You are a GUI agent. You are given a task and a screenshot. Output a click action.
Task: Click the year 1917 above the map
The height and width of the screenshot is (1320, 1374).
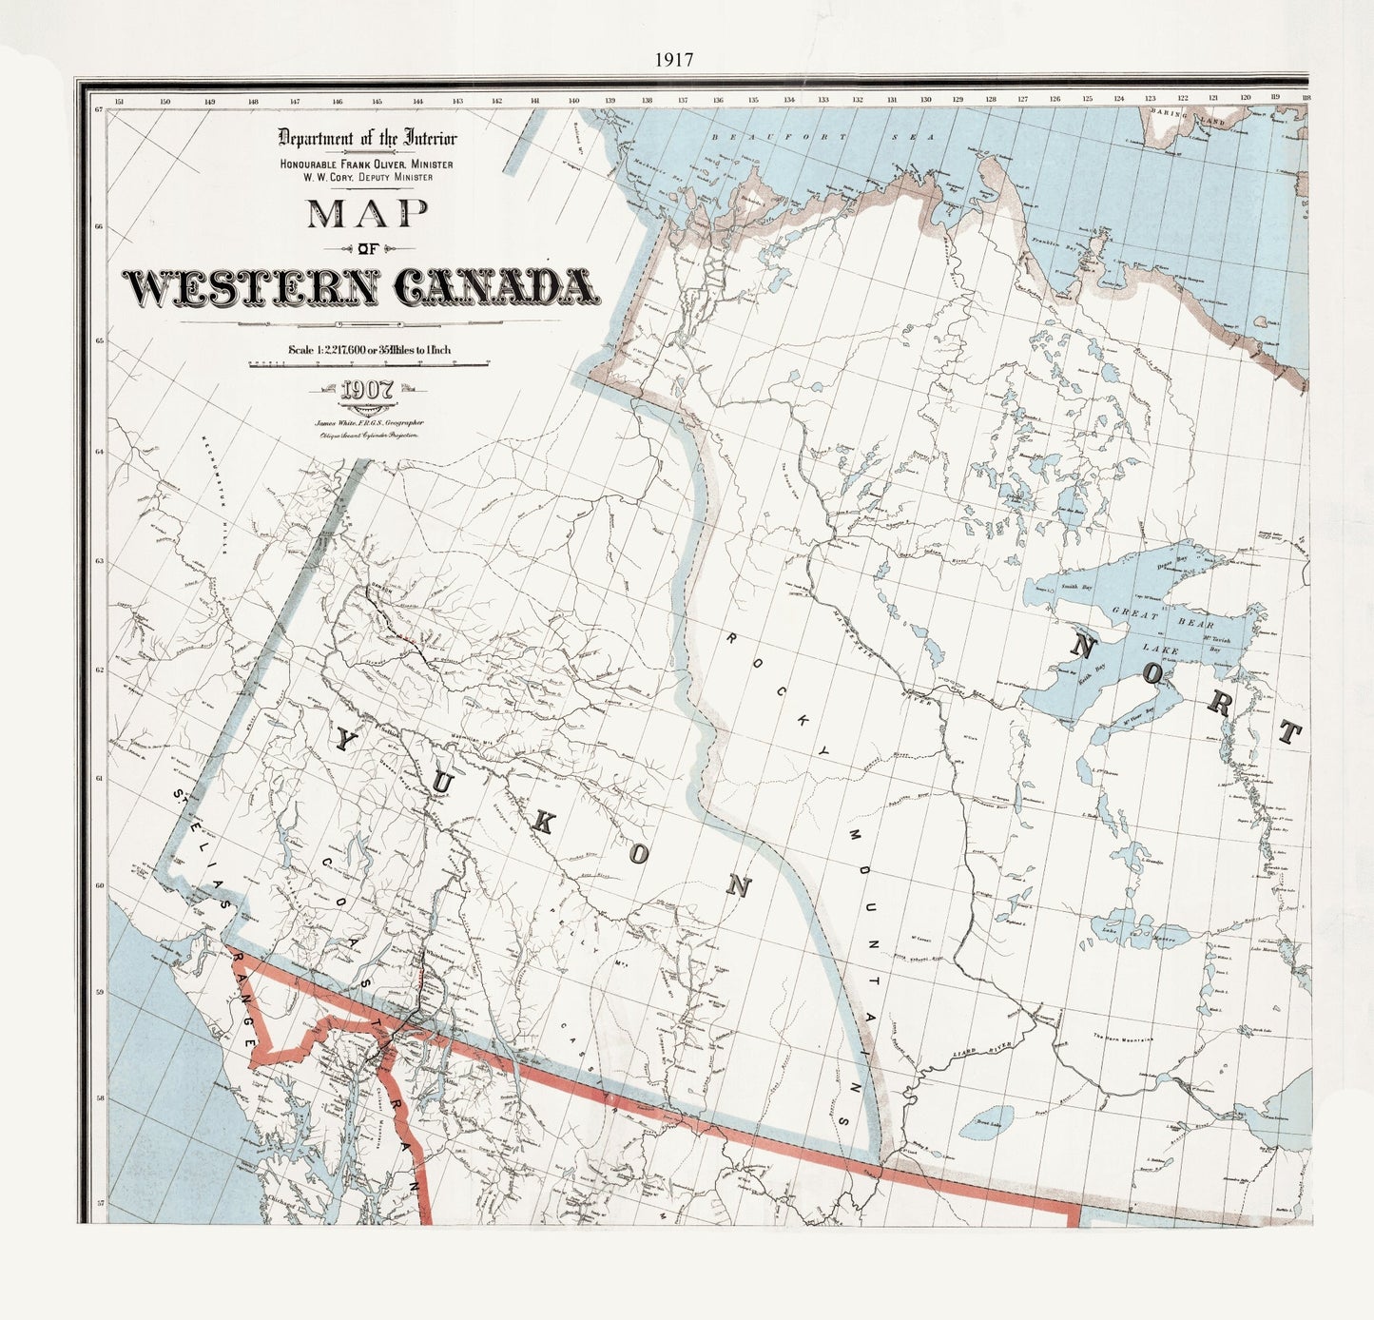(673, 59)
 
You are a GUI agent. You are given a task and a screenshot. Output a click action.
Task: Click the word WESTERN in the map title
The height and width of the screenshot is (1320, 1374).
(251, 287)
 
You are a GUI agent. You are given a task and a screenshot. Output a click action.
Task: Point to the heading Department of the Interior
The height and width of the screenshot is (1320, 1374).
(367, 138)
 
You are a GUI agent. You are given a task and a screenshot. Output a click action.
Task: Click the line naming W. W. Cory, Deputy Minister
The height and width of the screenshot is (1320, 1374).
(367, 177)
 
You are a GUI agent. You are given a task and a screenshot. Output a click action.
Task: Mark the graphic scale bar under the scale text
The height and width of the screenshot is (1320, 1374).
(368, 364)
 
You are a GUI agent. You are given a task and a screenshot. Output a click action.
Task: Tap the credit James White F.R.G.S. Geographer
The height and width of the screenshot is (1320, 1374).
(369, 421)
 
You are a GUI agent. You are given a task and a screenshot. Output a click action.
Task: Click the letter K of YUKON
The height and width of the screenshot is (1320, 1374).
(540, 825)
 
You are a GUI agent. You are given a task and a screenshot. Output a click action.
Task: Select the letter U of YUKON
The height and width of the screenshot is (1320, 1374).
(442, 782)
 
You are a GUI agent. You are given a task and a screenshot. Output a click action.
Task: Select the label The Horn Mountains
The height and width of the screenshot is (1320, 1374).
(1122, 1038)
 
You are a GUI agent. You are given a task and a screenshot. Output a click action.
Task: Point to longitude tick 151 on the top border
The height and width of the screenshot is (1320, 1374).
(119, 100)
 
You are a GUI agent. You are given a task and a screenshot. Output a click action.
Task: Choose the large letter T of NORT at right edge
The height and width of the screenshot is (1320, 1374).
(1288, 732)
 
